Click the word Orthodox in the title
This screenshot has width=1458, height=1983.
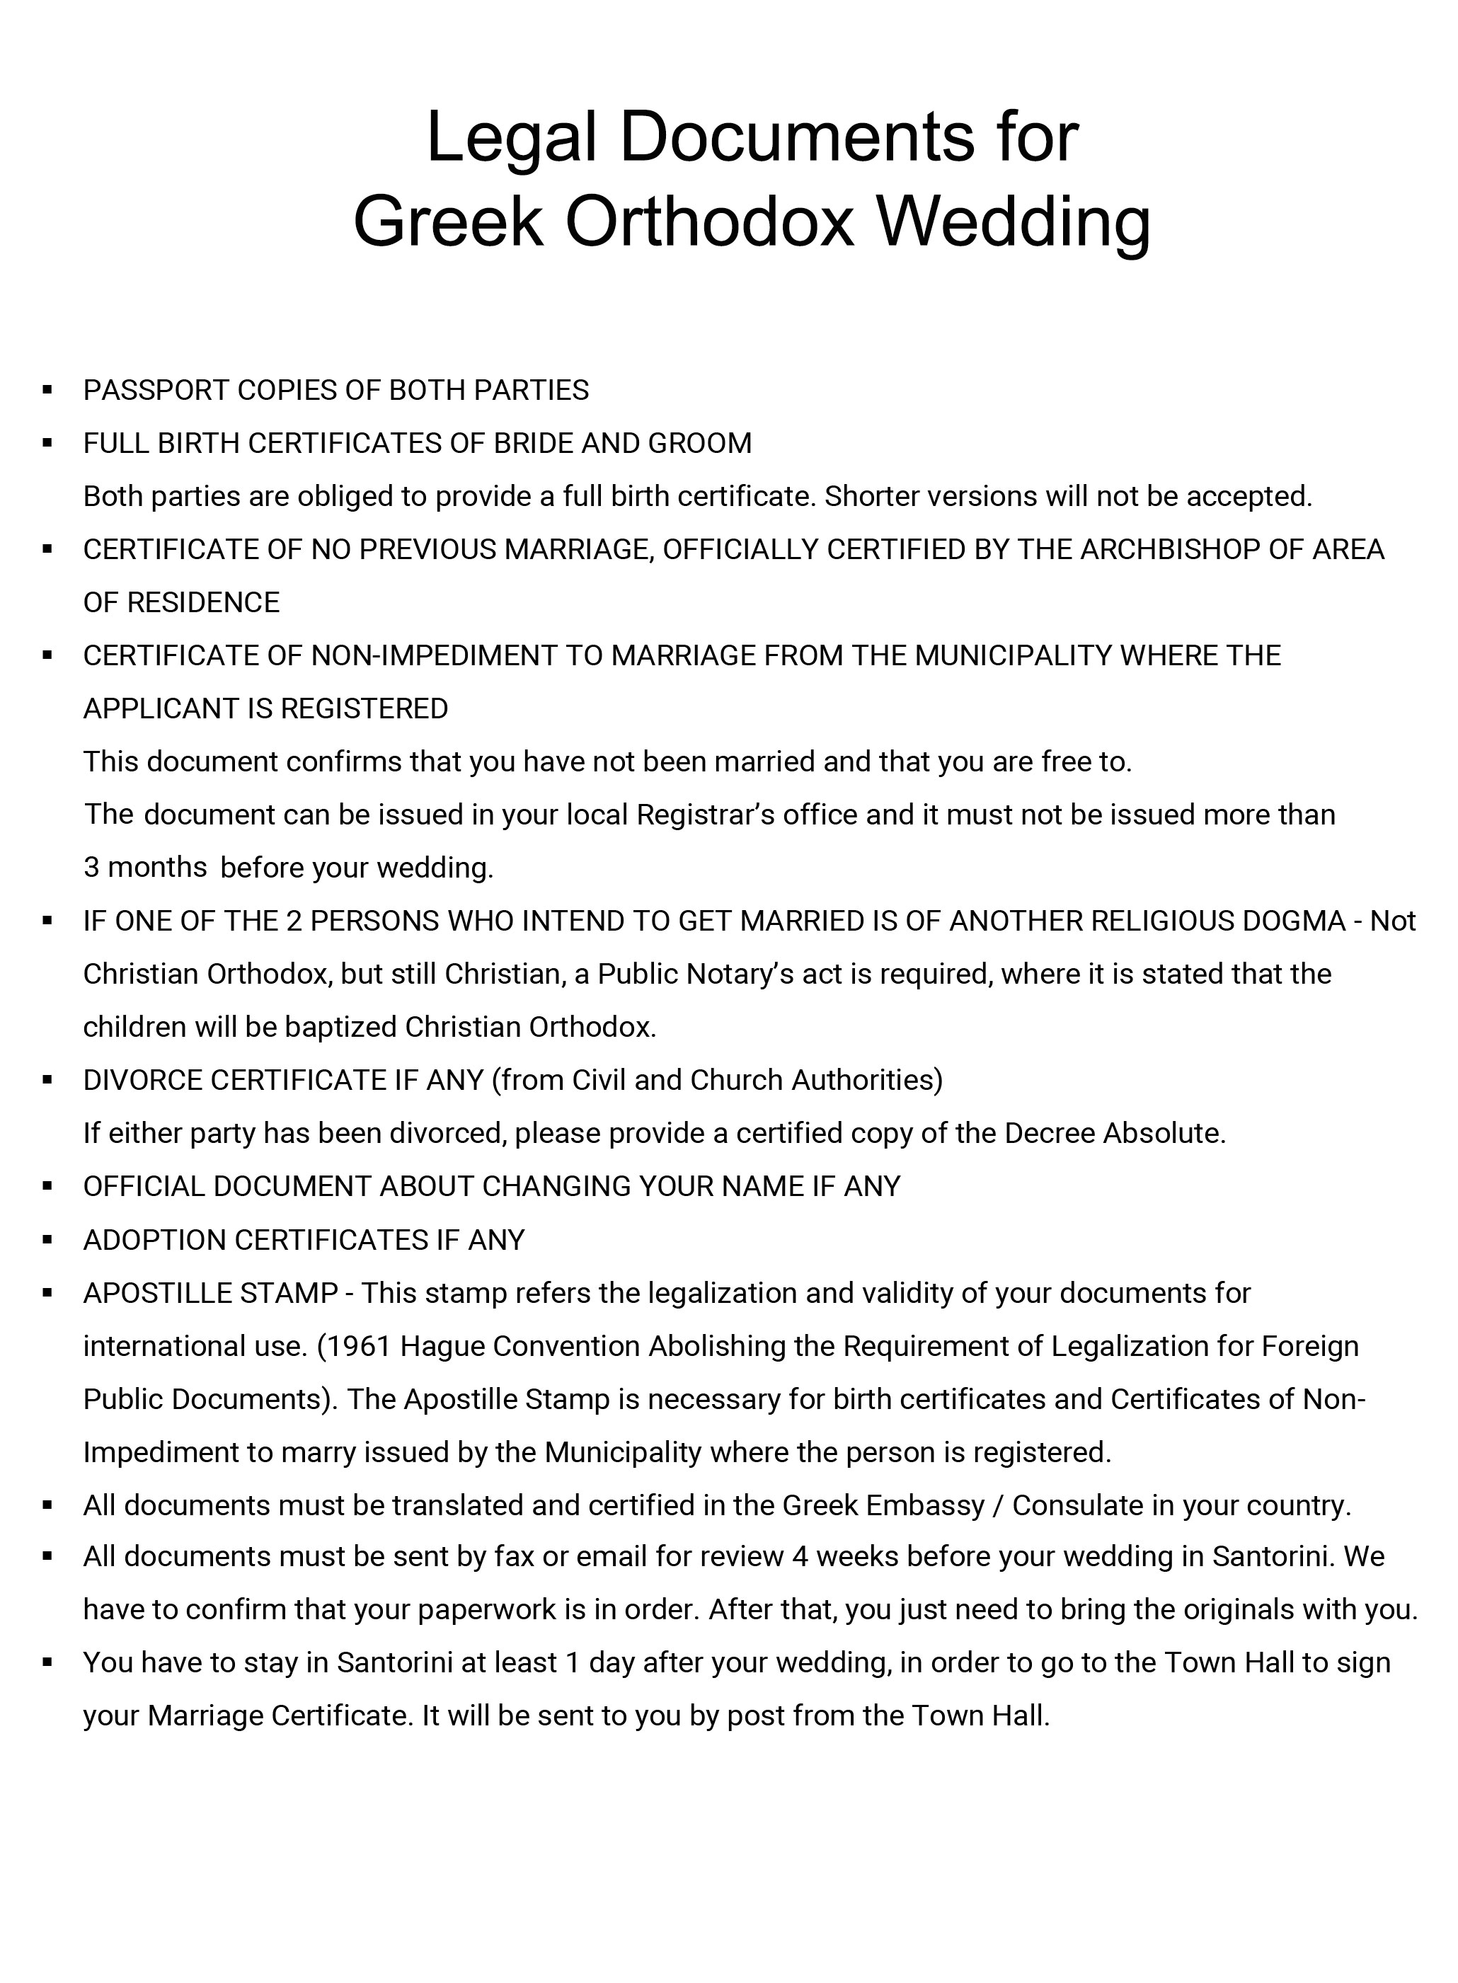[710, 222]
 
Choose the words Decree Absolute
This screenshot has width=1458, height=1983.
[1115, 1133]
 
